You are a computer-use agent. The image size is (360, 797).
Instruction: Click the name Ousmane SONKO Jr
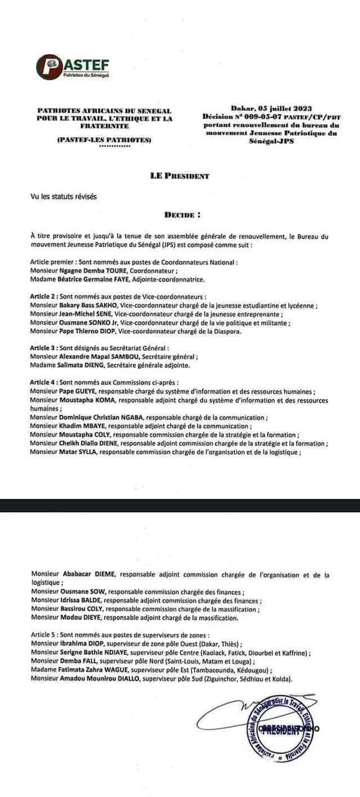point(89,323)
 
